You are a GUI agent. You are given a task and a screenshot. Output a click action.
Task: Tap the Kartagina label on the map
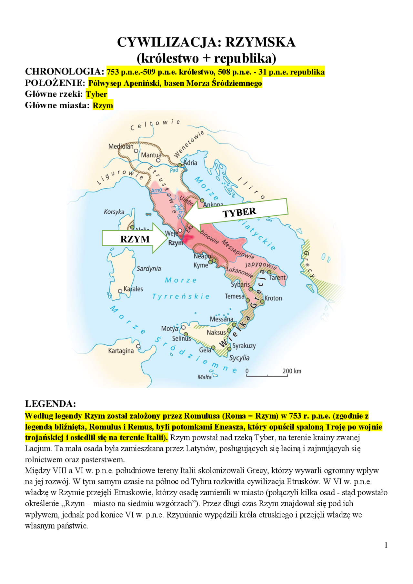(121, 351)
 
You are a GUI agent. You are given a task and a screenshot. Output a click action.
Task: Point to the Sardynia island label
(148, 269)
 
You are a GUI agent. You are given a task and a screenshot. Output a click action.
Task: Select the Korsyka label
(114, 212)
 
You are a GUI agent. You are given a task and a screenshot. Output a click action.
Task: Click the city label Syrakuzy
(244, 346)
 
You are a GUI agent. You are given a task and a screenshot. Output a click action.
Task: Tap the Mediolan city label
(121, 146)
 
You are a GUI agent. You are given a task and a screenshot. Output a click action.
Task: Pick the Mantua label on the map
(151, 155)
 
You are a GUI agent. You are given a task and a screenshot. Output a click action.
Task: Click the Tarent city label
(277, 277)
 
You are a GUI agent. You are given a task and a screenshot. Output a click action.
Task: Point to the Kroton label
(273, 298)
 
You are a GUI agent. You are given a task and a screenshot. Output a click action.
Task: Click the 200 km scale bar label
(292, 371)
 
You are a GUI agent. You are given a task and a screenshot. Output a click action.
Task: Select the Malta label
(205, 377)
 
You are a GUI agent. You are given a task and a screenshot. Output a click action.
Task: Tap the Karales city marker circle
(120, 291)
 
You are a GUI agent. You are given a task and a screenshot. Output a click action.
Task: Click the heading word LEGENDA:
(50, 404)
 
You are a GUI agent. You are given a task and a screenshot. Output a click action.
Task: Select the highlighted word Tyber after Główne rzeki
(96, 94)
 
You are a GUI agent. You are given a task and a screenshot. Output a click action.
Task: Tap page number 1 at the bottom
(386, 545)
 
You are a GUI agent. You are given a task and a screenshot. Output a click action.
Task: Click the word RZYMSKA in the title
(260, 42)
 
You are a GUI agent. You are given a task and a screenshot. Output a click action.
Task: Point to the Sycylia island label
(239, 358)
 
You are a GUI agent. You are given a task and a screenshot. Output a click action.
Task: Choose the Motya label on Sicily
(169, 329)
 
